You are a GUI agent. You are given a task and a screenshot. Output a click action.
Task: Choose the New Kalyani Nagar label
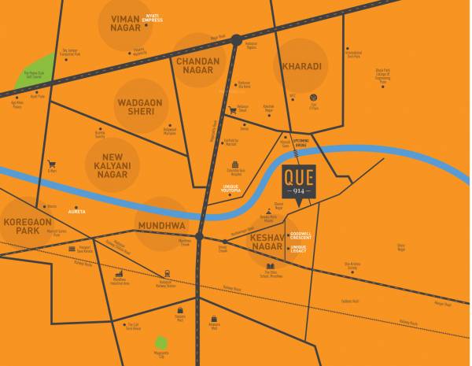point(111,165)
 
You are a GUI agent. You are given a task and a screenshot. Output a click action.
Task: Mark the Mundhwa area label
point(161,224)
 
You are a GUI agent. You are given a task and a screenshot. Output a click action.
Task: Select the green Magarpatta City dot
point(160,342)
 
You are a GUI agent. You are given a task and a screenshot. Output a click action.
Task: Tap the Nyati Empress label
point(153,17)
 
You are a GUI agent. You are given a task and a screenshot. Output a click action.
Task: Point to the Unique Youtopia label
point(230,189)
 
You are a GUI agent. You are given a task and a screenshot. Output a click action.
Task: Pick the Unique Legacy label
point(298,249)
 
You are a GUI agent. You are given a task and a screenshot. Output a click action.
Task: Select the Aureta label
point(76,212)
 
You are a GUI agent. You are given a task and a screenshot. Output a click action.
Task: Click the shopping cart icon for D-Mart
point(52,165)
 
